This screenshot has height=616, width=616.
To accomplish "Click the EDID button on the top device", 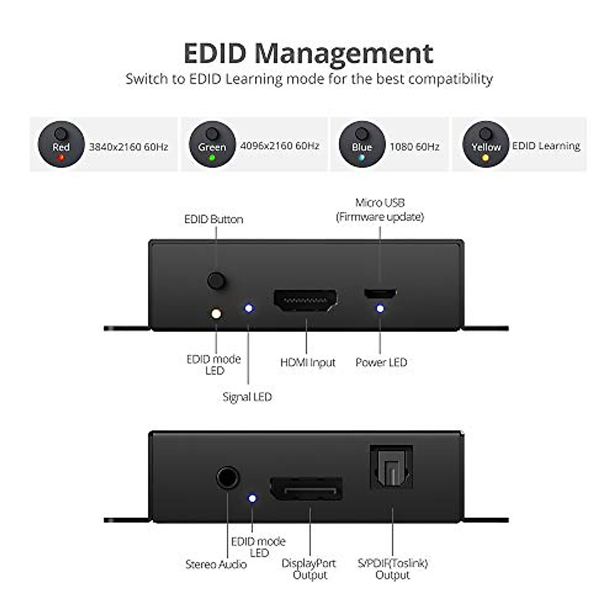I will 216,281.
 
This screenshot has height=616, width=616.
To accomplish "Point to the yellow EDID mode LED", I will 216,313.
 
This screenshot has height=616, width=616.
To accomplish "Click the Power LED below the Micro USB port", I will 380,309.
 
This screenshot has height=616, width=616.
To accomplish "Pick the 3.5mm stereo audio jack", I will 227,478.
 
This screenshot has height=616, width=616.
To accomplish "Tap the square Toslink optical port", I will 392,467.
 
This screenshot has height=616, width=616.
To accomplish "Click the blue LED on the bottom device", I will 252,498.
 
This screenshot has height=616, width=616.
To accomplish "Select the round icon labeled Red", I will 61,145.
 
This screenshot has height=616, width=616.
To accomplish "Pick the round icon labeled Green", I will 212,145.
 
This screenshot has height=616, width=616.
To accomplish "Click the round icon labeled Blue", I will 362,145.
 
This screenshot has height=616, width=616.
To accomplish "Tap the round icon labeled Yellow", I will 486,145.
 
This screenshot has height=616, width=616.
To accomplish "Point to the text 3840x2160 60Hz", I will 129,147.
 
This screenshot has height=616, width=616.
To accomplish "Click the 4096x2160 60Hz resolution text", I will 280,146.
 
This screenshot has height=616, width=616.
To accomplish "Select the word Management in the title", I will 344,53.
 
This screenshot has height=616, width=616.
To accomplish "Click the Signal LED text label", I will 247,397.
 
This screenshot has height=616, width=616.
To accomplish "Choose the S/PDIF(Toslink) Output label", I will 393,569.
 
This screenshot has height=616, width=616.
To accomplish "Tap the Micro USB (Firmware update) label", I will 380,210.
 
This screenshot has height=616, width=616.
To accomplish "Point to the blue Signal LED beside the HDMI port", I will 249,308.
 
